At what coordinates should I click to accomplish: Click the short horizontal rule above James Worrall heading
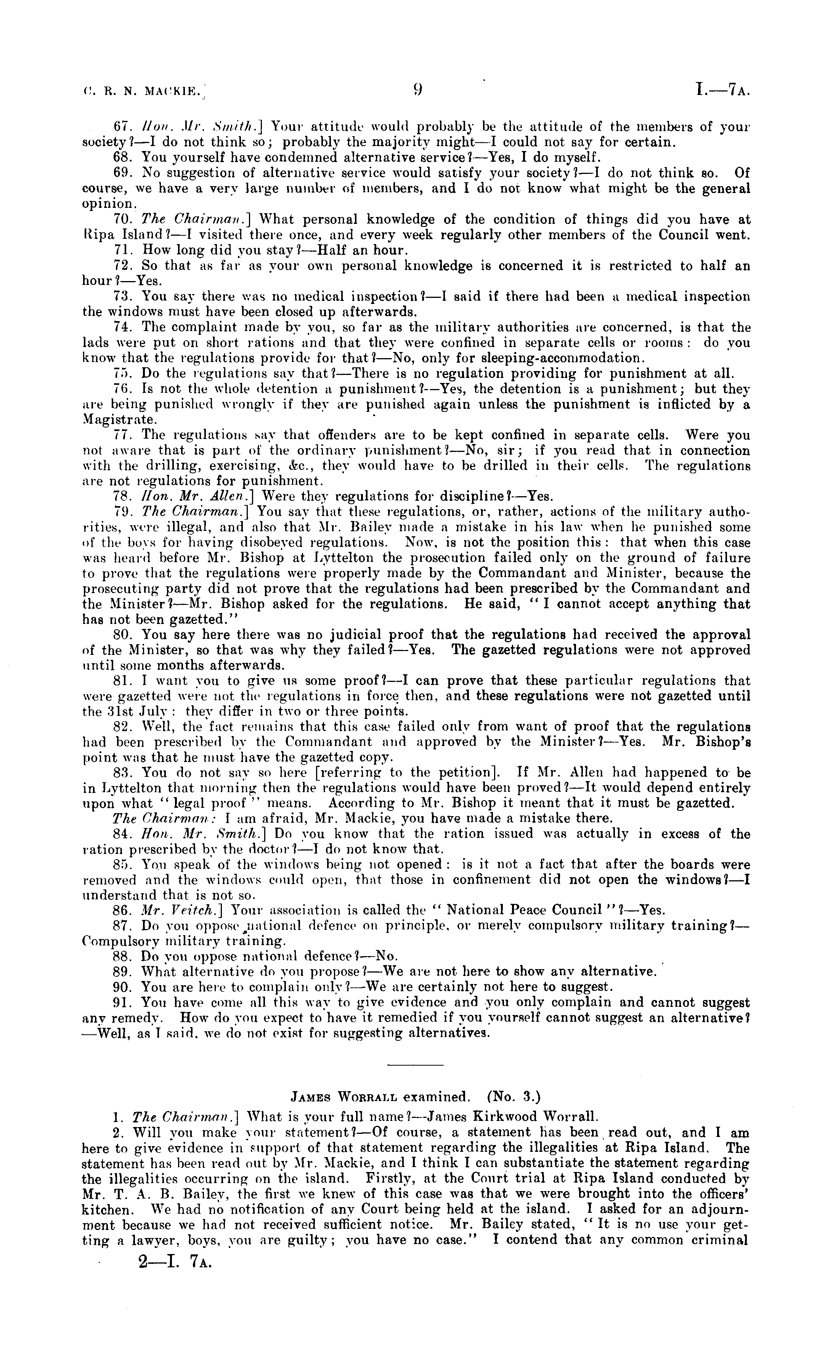pos(416,1065)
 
